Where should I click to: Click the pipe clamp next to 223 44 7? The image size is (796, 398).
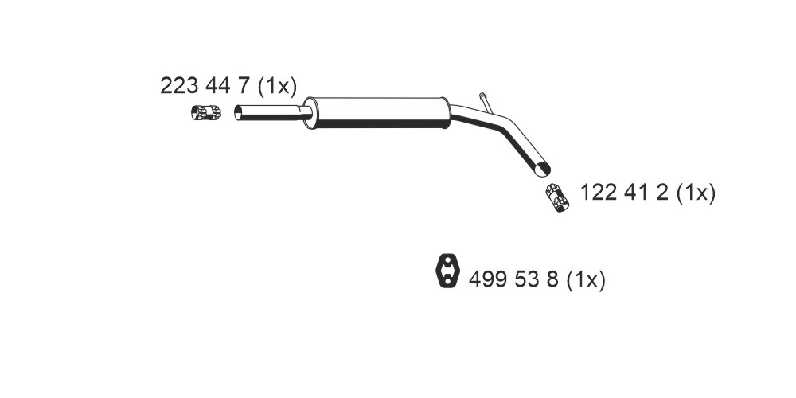click(x=206, y=112)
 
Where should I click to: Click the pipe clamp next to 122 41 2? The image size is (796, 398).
click(x=557, y=197)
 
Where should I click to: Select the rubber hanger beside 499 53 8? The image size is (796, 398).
click(x=447, y=271)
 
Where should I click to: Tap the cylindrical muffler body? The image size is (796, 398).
click(x=380, y=112)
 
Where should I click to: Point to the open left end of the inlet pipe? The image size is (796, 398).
click(x=237, y=113)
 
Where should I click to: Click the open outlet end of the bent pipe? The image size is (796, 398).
click(x=544, y=169)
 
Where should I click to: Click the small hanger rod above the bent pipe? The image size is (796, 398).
click(x=486, y=102)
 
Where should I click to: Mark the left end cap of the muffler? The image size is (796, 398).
click(x=309, y=113)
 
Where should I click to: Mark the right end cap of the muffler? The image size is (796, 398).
click(x=446, y=112)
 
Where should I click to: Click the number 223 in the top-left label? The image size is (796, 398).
click(x=179, y=86)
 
